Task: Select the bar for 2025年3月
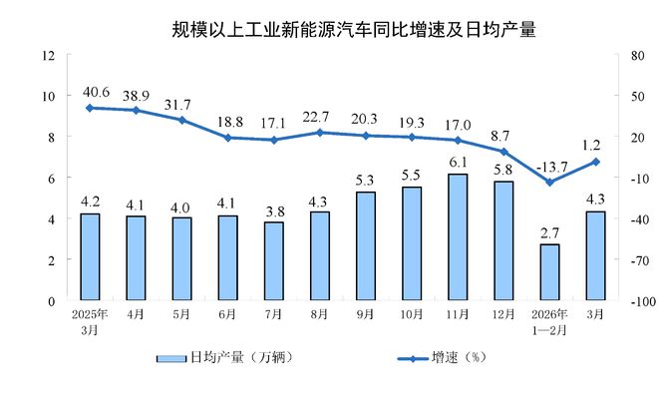pos(90,256)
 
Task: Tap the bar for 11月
pos(458,237)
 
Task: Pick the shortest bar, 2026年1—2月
pos(549,271)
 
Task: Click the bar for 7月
pos(274,260)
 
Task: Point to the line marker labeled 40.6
pos(90,107)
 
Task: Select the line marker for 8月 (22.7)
pos(320,132)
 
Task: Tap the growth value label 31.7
pos(181,104)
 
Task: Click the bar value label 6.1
pos(458,162)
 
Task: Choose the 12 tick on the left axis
pos(47,55)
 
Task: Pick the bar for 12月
pos(503,240)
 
